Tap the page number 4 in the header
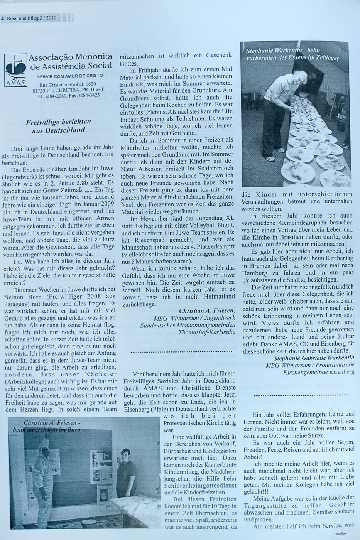point(2,17)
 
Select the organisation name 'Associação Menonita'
point(71,57)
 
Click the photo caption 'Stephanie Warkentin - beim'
point(284,51)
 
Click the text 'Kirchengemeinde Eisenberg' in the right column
point(319,372)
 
